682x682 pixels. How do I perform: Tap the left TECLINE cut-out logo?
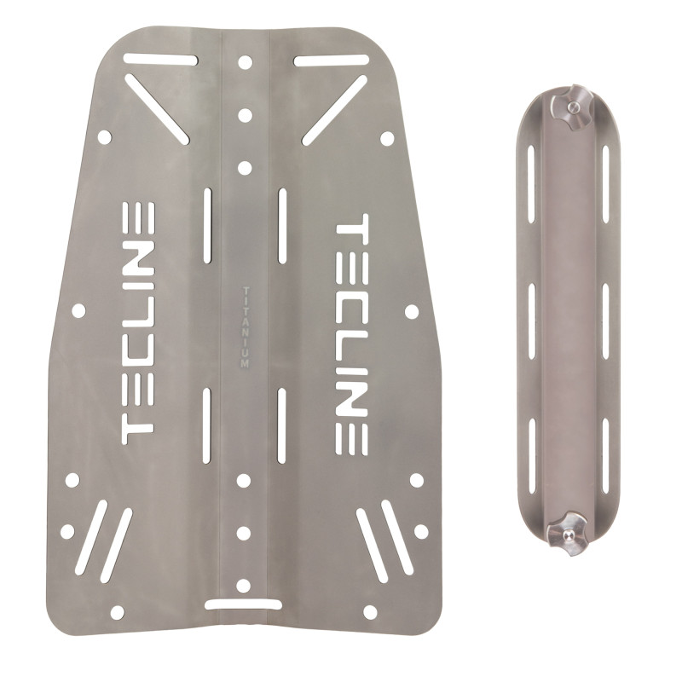tap(138, 323)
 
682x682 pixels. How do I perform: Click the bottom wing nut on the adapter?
tap(566, 535)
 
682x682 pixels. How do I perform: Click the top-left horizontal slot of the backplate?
tap(161, 59)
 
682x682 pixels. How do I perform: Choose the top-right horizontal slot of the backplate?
tap(332, 61)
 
